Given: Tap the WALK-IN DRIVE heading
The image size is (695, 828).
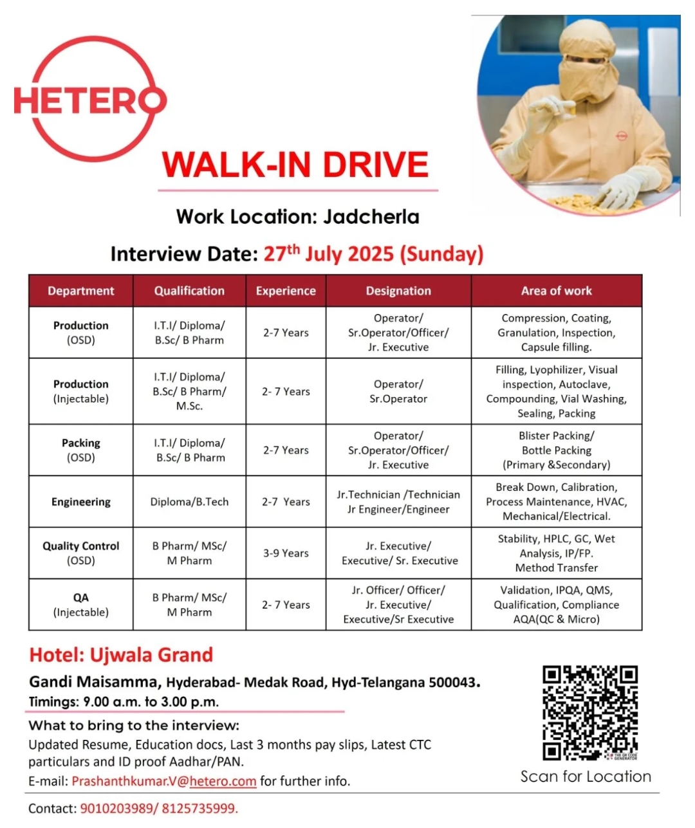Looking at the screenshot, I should (x=295, y=165).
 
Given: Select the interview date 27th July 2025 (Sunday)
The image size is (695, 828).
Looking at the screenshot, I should (x=373, y=253).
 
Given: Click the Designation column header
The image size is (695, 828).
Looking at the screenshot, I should (x=398, y=291).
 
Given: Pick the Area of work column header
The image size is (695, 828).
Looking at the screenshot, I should (x=556, y=291).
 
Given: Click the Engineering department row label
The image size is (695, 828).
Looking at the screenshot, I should (x=81, y=502).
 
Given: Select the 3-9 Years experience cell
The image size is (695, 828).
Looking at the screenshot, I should (x=286, y=553).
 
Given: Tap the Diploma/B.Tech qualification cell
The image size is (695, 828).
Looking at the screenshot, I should (x=189, y=502).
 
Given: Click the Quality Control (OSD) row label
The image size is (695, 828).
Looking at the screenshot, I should (x=81, y=553).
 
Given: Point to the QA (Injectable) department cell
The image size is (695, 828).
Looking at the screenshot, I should (x=81, y=605).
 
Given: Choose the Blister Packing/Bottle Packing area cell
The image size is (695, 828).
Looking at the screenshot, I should (x=556, y=450).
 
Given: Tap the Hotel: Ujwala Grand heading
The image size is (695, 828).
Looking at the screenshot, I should (x=121, y=655).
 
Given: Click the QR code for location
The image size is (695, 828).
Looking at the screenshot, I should (x=589, y=713).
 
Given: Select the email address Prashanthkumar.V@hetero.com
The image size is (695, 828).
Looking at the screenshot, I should (x=164, y=781).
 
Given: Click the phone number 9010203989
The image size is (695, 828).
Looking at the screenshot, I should (x=115, y=809).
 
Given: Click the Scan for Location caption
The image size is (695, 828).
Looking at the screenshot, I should (x=586, y=777).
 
